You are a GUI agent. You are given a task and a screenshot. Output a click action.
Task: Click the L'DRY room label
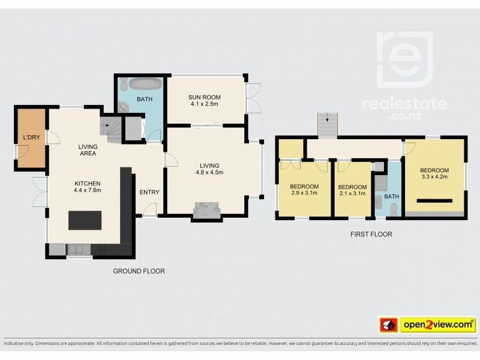point(31,139)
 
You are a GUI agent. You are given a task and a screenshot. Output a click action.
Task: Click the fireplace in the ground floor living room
point(206,209)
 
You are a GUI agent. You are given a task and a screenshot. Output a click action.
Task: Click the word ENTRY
point(149,192)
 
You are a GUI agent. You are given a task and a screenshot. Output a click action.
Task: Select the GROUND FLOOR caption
point(139,271)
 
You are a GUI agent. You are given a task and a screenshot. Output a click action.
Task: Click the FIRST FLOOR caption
point(371,235)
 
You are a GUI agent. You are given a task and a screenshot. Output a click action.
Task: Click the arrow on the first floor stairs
point(326,120)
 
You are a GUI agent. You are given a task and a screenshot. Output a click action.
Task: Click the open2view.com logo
point(426,325)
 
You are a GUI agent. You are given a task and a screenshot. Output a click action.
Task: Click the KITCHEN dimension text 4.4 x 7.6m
point(88,191)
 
